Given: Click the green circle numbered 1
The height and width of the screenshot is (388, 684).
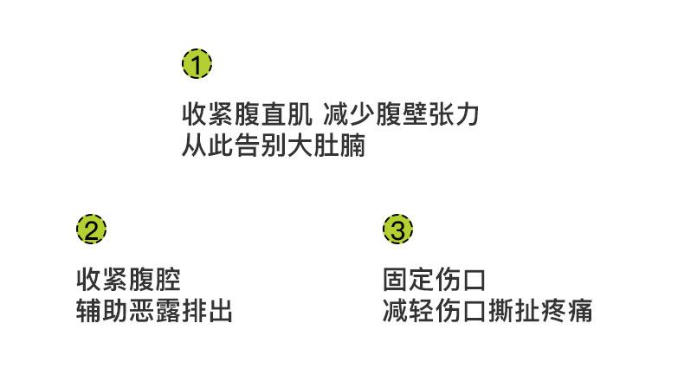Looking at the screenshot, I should [x=197, y=63].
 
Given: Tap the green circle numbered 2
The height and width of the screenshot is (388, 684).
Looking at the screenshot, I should [x=91, y=230].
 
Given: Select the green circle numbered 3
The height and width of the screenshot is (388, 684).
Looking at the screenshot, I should [x=397, y=230].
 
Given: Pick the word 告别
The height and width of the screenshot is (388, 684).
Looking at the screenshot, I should [x=261, y=145].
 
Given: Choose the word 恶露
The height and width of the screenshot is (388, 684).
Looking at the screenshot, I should [x=155, y=310].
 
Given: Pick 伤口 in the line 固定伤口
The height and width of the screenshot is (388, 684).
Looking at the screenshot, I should [x=461, y=281].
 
